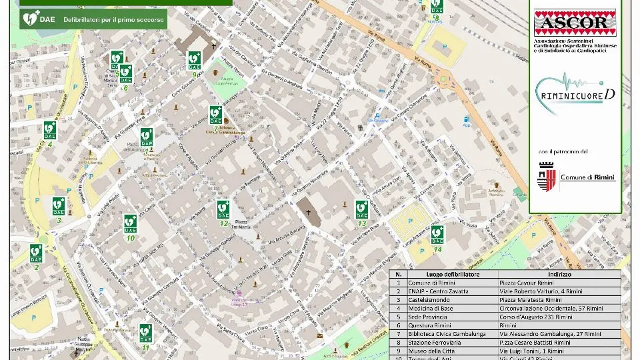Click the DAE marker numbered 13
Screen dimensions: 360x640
[361, 209]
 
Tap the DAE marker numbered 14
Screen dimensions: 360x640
[437, 235]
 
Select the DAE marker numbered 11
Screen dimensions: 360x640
[145, 333]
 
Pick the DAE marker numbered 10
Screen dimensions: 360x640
[130, 223]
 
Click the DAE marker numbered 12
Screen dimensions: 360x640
[223, 209]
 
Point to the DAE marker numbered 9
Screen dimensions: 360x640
[194, 61]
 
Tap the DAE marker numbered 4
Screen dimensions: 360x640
[50, 130]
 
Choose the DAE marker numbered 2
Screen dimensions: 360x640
[36, 253]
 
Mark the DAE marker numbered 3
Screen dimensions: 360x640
[59, 206]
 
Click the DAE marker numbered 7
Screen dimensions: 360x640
[215, 115]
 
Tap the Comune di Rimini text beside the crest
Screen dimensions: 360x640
[587, 177]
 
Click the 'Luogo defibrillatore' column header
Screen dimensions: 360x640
[453, 274]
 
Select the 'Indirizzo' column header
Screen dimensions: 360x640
[560, 274]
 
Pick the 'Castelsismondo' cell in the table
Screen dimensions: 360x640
[429, 300]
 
